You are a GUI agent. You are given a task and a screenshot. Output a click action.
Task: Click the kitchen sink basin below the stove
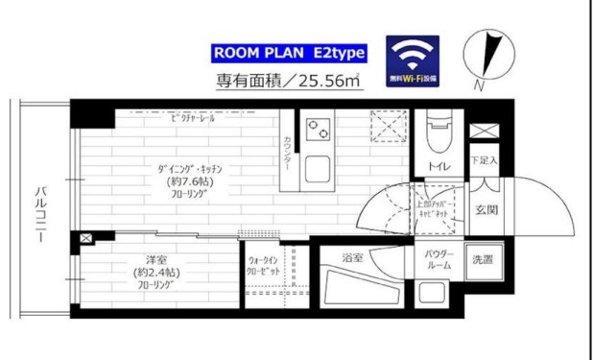(316, 171)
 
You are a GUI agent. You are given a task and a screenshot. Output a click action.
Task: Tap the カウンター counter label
(288, 152)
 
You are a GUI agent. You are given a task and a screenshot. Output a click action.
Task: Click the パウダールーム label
(439, 259)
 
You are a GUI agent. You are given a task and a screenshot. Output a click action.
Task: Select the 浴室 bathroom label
(353, 257)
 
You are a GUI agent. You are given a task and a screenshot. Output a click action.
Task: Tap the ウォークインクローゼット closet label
(263, 265)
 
